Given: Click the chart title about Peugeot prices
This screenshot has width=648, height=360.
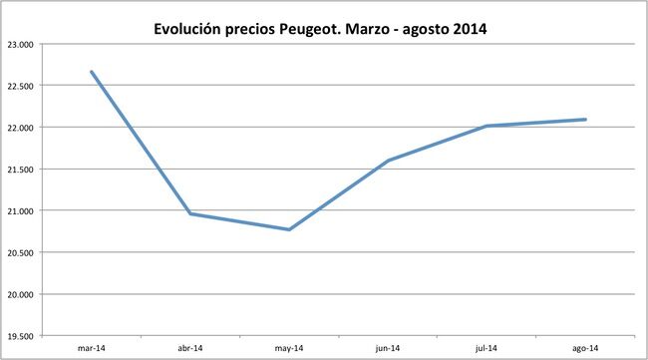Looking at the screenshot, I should coord(320,29).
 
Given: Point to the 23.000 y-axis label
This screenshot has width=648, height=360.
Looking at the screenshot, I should coord(20,45).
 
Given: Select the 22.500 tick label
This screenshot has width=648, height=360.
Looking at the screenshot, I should coord(20,87).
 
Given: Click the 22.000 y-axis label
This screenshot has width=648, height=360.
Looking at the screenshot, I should coord(20,129).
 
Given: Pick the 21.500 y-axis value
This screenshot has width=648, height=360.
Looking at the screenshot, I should coord(20,171).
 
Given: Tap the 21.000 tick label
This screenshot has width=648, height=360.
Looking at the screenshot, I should coord(20,211).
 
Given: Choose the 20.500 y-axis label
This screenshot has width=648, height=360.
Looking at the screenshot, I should coord(20,253).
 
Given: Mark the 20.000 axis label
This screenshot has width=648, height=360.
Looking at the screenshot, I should coord(20,295).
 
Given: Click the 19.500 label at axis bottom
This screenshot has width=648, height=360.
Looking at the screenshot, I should coord(20,337).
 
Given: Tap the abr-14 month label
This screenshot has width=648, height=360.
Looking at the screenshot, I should coord(189,348).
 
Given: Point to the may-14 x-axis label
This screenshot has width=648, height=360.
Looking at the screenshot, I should coord(288,348).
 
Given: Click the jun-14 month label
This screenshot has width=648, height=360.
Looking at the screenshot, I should coord(388,348).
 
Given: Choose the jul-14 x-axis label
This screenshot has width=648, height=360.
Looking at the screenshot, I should coord(486,348).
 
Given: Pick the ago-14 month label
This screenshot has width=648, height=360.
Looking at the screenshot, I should coord(585,348).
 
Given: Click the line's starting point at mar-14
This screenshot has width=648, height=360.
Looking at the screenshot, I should coord(91,72).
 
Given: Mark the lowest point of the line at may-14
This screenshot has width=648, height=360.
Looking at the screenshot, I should coord(289,229).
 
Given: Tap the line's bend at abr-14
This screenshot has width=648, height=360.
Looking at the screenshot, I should coord(189,213).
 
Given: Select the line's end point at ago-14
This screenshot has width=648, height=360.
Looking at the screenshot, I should coord(585,120).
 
